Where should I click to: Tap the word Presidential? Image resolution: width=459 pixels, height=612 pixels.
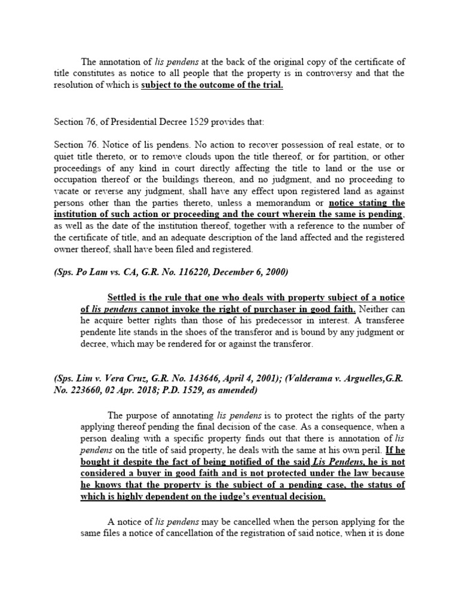point(157,122)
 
